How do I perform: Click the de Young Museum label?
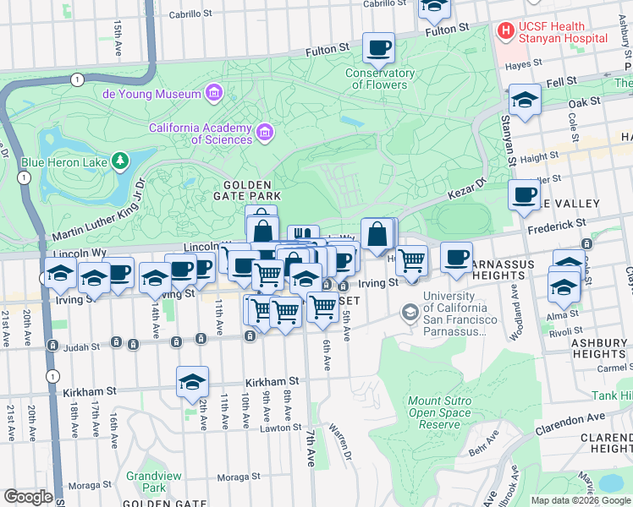151,94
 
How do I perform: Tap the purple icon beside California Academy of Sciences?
266,132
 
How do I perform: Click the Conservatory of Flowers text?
380,79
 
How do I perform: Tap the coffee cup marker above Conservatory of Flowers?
379,47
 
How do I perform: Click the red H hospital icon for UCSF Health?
505,31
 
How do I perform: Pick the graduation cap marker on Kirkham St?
192,381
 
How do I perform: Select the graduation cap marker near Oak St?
525,101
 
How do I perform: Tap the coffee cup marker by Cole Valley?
524,194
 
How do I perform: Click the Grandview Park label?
153,482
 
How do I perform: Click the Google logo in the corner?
28,497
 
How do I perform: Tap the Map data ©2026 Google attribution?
581,500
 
